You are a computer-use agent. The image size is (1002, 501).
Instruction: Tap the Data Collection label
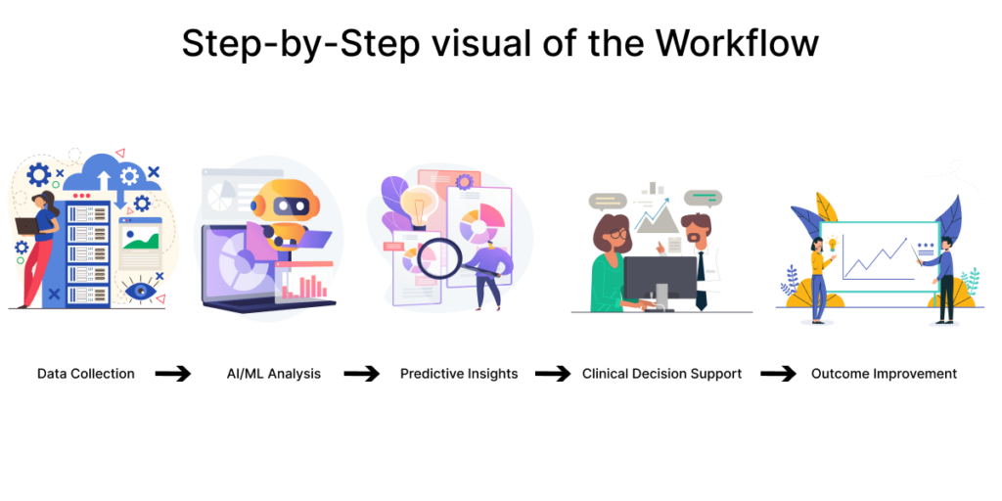86,374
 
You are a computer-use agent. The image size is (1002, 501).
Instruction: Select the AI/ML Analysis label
267,374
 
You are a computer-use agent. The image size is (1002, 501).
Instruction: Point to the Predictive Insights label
459,374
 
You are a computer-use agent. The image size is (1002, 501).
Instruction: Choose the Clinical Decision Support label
661,374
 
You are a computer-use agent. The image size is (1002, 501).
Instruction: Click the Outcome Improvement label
884,374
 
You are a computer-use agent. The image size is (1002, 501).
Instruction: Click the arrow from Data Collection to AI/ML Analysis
173,374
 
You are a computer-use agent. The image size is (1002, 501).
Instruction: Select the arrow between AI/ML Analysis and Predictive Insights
361,374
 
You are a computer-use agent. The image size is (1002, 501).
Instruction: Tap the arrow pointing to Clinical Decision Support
552,374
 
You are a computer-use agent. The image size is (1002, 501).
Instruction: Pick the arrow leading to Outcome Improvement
779,374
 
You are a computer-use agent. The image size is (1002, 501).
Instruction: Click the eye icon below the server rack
137,290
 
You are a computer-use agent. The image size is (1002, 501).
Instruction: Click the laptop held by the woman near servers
26,226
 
